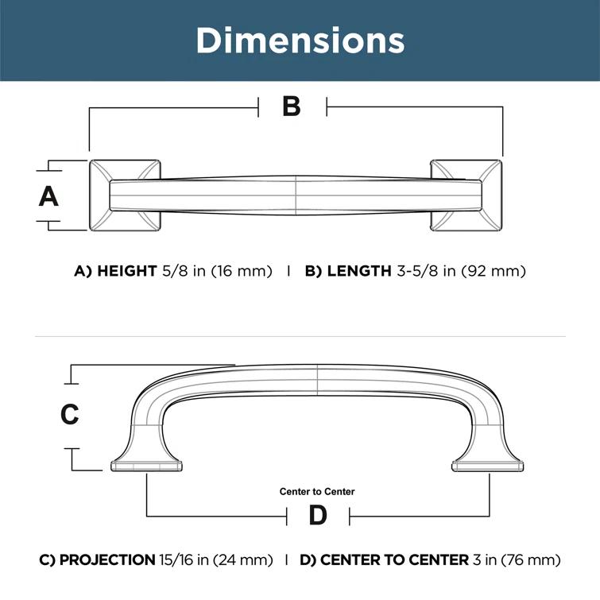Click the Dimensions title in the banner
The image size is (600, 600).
[x=300, y=40]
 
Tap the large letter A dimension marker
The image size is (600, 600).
[x=49, y=195]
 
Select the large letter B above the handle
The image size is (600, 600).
[x=292, y=106]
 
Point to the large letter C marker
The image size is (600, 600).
[x=70, y=414]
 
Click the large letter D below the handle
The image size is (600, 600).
[x=317, y=516]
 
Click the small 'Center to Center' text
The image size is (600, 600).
[x=317, y=492]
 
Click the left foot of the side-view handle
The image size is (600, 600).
[x=148, y=465]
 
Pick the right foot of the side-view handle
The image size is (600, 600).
[x=487, y=465]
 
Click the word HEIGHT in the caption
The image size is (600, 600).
[x=126, y=271]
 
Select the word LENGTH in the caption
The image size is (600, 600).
[x=359, y=271]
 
